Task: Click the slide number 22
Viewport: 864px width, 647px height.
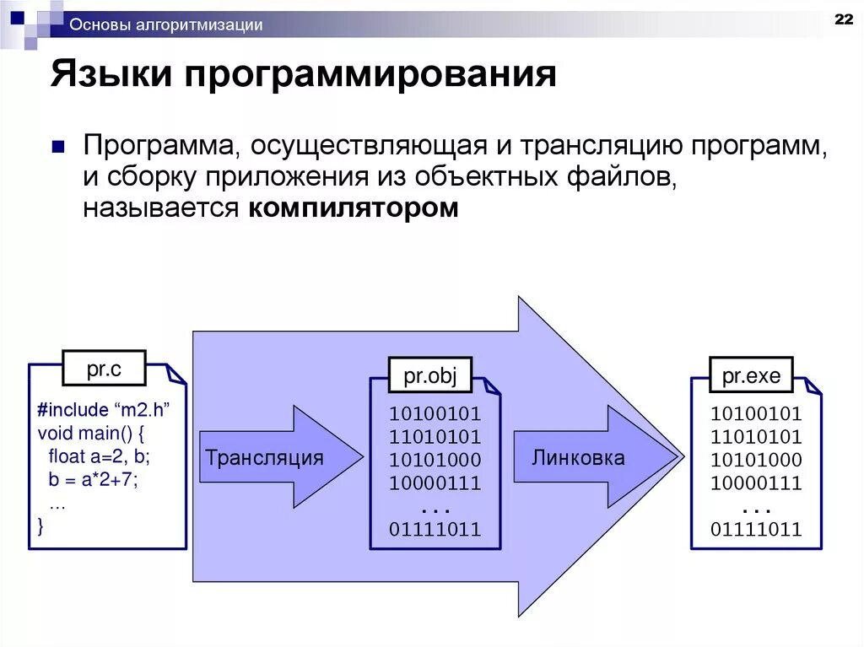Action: (842, 20)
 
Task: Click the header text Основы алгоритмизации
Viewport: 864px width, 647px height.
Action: (166, 25)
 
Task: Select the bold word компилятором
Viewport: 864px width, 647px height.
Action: (354, 208)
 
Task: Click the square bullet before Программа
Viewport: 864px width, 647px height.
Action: (58, 147)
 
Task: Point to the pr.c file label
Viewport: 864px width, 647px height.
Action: (104, 368)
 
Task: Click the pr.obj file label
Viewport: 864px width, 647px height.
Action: (429, 376)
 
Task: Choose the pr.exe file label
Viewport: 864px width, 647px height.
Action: (751, 376)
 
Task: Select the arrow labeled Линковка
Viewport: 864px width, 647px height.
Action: (579, 458)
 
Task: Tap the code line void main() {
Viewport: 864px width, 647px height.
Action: (92, 434)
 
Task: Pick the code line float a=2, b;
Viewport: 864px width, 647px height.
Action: (99, 457)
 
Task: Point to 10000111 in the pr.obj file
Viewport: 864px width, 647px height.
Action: (435, 483)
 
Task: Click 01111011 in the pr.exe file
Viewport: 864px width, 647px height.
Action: (756, 530)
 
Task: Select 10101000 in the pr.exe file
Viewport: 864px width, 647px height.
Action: (756, 461)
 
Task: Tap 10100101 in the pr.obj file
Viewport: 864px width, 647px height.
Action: (435, 414)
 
